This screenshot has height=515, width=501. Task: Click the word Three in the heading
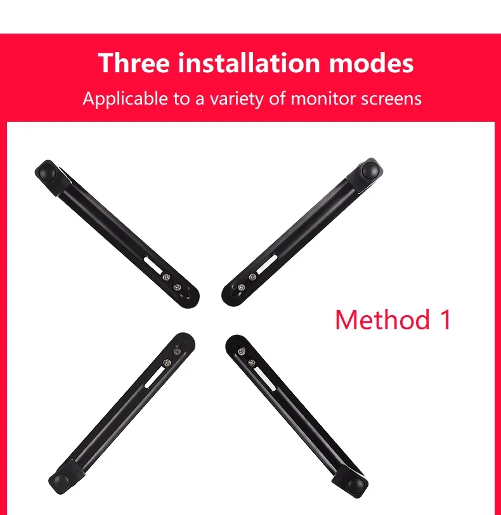click(x=134, y=62)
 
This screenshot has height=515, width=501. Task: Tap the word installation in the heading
click(x=249, y=62)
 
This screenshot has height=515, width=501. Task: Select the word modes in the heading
click(x=372, y=62)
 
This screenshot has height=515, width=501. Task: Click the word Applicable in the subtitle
click(x=125, y=99)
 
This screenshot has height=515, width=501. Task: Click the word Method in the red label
click(x=382, y=319)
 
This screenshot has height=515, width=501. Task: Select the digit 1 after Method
click(x=446, y=319)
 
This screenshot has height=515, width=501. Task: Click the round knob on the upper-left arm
click(x=48, y=172)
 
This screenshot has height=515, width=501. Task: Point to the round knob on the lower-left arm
click(x=61, y=481)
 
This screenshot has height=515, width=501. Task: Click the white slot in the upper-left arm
click(x=153, y=265)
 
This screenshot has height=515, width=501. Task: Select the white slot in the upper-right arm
click(x=267, y=264)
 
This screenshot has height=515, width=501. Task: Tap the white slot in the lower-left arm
click(x=155, y=377)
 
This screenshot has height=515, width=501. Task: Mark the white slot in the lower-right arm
click(x=264, y=379)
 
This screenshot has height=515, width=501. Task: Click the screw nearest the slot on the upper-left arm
click(x=166, y=278)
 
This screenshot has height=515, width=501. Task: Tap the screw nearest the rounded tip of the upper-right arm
click(x=242, y=287)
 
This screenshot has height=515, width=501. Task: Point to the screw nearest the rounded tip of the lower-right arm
click(x=242, y=352)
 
